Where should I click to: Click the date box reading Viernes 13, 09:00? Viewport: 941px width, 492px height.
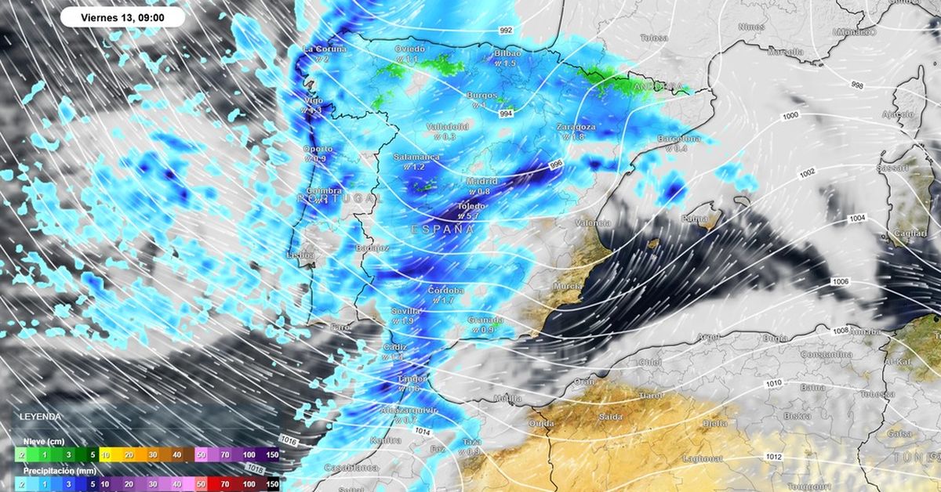(x=122, y=17)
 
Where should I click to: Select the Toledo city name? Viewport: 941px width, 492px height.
(x=471, y=207)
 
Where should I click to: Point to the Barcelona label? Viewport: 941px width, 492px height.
(x=678, y=139)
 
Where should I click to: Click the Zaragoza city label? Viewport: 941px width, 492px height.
(x=576, y=126)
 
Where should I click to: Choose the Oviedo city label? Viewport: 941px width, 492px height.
(x=409, y=49)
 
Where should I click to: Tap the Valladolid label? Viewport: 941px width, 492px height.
(x=448, y=126)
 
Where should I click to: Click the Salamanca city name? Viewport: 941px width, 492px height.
(x=416, y=157)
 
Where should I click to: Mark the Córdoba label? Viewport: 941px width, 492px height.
(x=445, y=290)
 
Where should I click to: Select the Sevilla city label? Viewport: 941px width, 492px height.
(x=406, y=311)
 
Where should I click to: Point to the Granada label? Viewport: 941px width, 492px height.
(x=485, y=320)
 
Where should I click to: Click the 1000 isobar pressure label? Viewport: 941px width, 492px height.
(x=790, y=116)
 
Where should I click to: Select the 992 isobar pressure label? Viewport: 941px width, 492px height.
(x=506, y=31)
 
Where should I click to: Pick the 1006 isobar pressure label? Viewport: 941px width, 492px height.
(x=839, y=281)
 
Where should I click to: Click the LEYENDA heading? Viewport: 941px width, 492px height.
(x=38, y=416)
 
